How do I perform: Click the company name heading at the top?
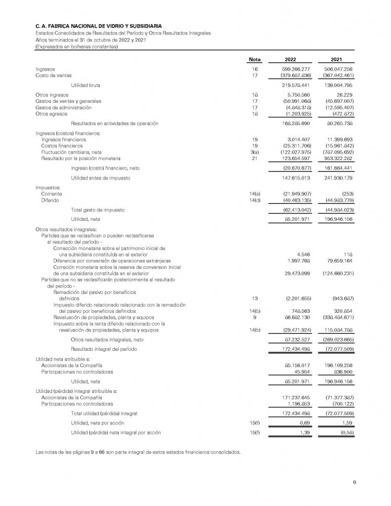click(98, 25)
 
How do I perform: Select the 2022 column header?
click(291, 59)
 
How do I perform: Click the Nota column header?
click(255, 59)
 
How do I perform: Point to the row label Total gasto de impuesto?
click(97, 210)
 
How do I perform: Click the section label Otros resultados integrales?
click(66, 230)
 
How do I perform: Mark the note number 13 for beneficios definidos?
click(255, 298)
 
